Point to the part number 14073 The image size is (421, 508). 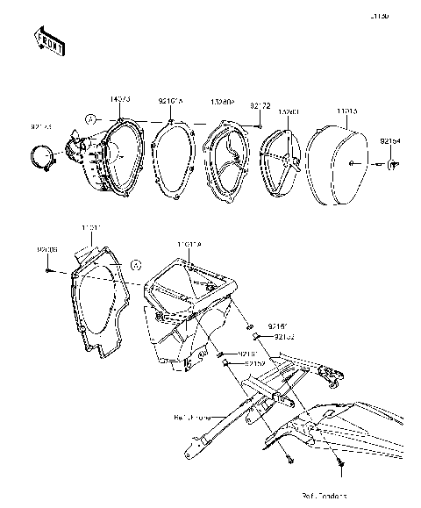120,99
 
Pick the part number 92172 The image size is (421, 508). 259,105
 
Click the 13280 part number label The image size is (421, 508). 289,112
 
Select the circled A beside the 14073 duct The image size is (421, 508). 90,118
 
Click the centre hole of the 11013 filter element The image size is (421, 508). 350,164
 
